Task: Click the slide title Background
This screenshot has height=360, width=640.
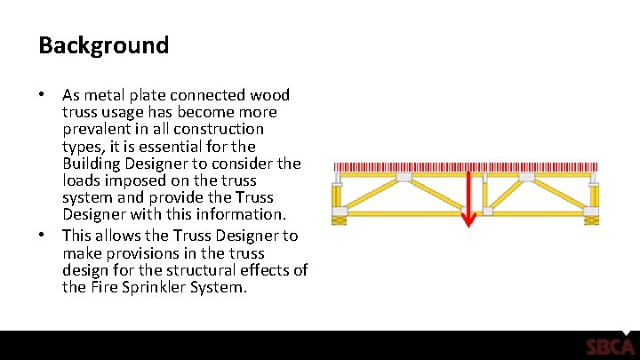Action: click(x=103, y=45)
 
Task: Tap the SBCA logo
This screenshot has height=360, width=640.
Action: click(x=610, y=347)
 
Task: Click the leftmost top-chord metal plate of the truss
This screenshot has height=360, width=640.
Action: click(x=337, y=178)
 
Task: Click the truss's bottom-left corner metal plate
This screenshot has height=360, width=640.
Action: click(x=338, y=213)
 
